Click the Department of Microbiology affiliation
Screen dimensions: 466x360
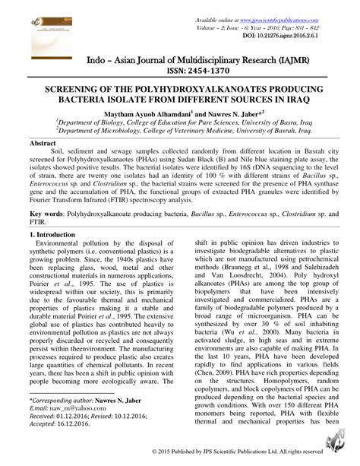(179, 130)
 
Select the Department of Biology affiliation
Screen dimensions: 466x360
(179, 121)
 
